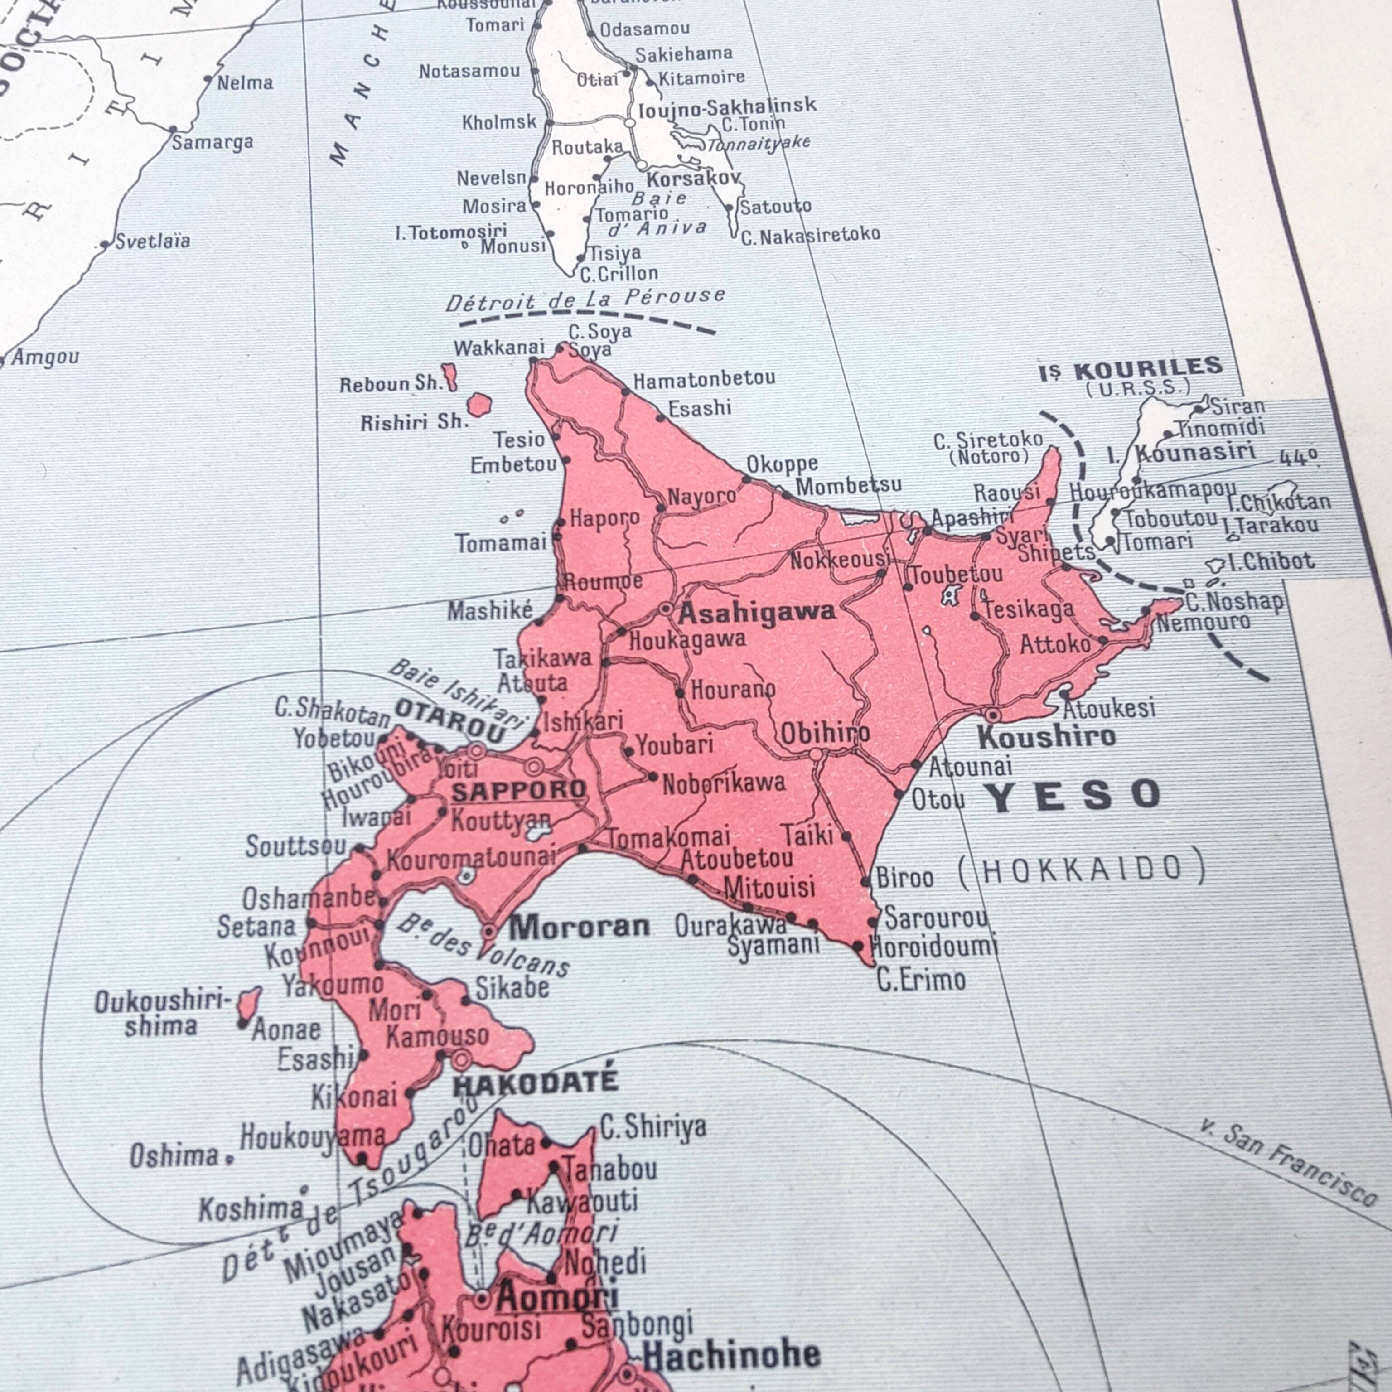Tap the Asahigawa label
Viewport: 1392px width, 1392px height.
(757, 613)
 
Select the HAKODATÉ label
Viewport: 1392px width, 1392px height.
(535, 1082)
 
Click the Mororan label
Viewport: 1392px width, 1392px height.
(579, 927)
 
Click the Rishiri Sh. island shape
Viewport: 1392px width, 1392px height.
(479, 405)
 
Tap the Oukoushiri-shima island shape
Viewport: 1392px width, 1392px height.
(249, 1004)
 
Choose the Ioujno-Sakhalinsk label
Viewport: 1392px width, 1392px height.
(728, 106)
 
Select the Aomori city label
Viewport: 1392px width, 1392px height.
(557, 1298)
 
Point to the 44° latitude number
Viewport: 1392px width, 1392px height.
(1299, 458)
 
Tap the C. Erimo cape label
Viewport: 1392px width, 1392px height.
(920, 980)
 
